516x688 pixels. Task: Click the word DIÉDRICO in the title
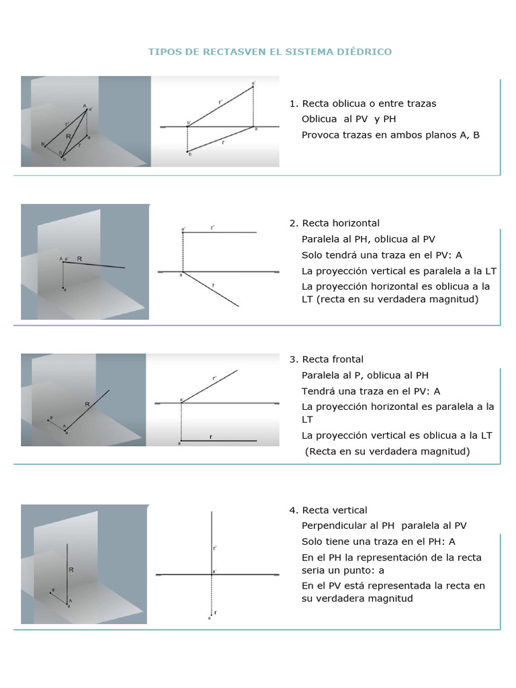tap(366, 52)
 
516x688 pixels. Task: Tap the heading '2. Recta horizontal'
tap(335, 223)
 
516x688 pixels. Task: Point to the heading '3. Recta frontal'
tap(326, 359)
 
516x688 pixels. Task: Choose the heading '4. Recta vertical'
tap(329, 510)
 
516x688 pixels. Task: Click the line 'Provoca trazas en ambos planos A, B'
tap(390, 134)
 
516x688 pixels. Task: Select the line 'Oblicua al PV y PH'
tap(349, 119)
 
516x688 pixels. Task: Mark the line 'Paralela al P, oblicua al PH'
tap(365, 375)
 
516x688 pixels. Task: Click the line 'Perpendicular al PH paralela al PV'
tap(384, 525)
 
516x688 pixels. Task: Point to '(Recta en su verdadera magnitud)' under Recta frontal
tap(388, 451)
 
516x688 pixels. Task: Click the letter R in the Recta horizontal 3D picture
tap(79, 258)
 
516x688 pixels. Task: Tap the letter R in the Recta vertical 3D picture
tap(71, 569)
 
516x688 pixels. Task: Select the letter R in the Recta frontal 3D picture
tap(87, 404)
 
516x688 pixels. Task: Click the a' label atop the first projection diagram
tap(253, 83)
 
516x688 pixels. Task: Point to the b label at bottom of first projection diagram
tap(190, 155)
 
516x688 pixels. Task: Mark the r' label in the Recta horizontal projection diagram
tap(212, 228)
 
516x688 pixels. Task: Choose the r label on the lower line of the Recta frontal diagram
tap(211, 437)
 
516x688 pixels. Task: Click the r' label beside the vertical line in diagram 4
tap(214, 548)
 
